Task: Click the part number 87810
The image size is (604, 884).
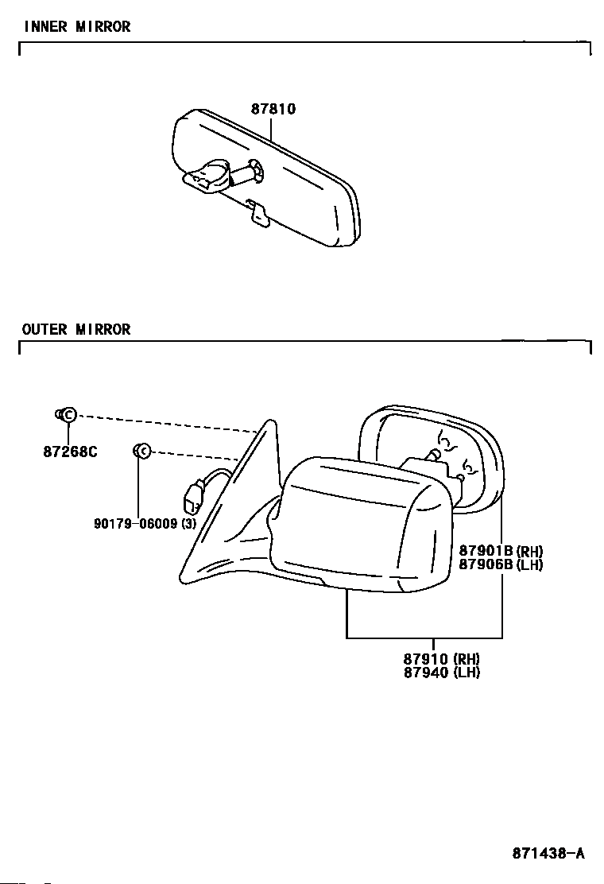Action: click(x=273, y=110)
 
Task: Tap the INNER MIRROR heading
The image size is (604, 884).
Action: click(x=77, y=27)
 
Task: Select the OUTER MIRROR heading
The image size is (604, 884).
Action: click(x=76, y=329)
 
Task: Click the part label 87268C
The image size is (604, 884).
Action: click(x=70, y=452)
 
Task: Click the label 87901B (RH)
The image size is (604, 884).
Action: click(x=501, y=551)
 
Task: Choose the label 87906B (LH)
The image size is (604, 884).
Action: click(x=501, y=565)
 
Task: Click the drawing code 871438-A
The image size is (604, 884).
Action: click(x=548, y=854)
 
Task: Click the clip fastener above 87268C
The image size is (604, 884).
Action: click(x=67, y=414)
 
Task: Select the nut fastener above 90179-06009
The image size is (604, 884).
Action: click(x=141, y=452)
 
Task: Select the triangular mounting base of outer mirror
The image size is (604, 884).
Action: click(x=238, y=509)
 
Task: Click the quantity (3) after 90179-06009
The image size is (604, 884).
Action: click(x=188, y=524)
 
